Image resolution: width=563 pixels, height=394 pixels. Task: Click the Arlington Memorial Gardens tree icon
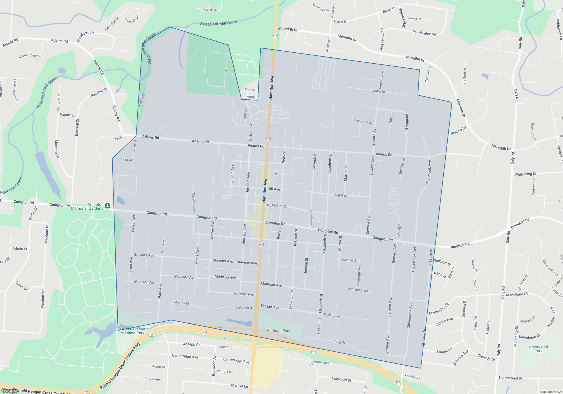pos(107,206)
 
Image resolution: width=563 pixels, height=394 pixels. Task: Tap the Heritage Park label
pos(278,331)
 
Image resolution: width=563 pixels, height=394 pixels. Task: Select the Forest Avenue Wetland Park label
pos(133,331)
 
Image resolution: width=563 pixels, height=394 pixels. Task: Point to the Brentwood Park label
pos(538,349)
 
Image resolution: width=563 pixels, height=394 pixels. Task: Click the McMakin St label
pos(276,206)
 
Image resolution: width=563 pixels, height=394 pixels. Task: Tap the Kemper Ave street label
pos(244,294)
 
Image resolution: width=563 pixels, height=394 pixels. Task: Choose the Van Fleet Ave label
pos(358,290)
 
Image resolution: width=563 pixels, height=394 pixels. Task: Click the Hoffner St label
pos(349,260)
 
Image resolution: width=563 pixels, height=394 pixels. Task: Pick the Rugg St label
pos(339,342)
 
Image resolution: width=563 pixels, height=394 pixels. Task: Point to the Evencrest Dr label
pos(363,121)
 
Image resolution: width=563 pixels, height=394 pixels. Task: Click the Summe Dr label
pos(377,91)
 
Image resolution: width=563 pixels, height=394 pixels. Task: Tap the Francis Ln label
pos(252,90)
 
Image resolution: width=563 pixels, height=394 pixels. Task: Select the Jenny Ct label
pos(252,97)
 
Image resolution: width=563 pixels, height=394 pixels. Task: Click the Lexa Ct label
pos(126,160)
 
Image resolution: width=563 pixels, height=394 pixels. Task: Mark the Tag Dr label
pos(117,138)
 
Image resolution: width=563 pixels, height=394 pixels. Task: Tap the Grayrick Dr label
pos(209,10)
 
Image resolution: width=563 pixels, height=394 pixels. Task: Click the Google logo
pos(10,390)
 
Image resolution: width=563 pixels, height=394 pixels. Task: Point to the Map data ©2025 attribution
pos(551,392)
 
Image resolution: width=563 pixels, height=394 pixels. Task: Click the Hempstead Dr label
pos(510,378)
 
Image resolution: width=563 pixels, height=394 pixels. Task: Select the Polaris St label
pos(19,249)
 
